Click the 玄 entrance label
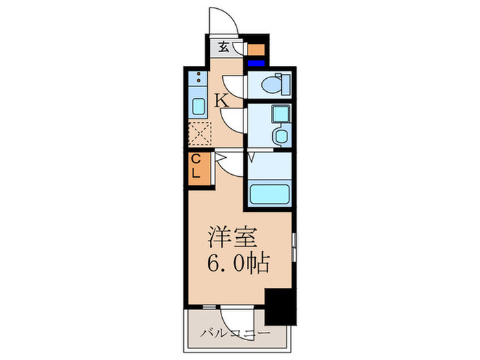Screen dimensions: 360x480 (225, 47)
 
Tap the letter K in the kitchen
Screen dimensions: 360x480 (221, 101)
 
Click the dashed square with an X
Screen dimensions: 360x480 (200, 132)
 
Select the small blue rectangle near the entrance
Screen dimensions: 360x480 (256, 63)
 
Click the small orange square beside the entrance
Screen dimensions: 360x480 (256, 49)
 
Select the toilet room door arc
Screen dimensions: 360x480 (234, 85)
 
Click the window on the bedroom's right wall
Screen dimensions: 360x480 (294, 248)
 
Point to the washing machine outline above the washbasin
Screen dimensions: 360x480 (280, 112)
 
